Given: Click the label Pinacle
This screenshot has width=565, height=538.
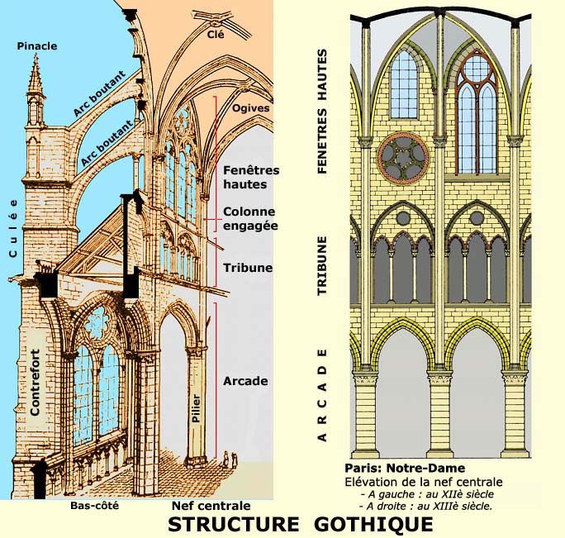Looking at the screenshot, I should coord(37,46).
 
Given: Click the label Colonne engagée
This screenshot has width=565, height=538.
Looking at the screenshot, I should coord(250,218).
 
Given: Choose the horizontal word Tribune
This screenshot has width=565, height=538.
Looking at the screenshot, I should coord(248,269).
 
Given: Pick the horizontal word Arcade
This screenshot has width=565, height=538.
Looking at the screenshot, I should coord(245,381).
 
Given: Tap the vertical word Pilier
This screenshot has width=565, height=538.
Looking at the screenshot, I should coord(196,408).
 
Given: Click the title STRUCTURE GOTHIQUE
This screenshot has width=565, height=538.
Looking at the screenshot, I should coord(300,524).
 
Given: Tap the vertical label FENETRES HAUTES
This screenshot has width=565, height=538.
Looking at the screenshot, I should coord(323,112).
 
